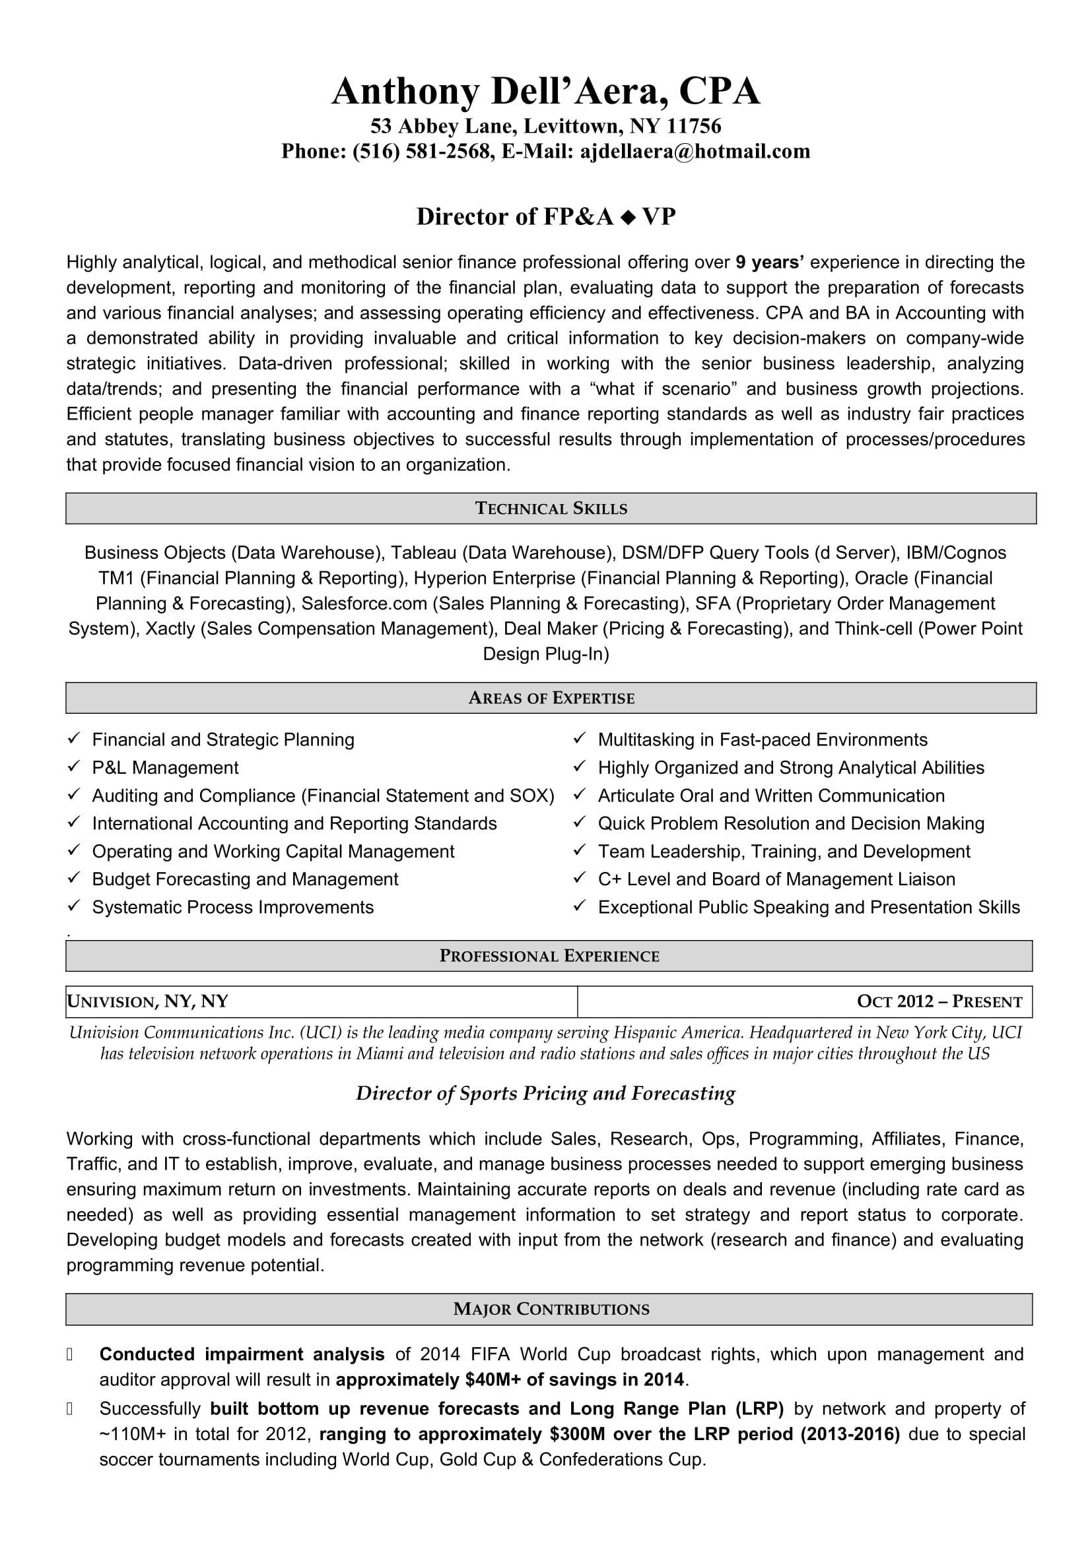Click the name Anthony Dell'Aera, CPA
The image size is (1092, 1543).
[545, 92]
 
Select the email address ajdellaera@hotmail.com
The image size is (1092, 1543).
[695, 151]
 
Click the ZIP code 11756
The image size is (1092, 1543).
[694, 126]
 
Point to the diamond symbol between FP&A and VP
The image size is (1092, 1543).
[627, 217]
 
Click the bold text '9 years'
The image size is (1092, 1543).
[770, 262]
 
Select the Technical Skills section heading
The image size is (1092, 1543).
[551, 509]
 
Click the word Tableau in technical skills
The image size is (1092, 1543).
[424, 552]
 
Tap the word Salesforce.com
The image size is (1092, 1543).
[364, 603]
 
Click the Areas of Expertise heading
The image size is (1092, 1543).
[551, 698]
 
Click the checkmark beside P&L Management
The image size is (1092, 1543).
[73, 767]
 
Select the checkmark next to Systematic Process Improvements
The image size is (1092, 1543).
[73, 906]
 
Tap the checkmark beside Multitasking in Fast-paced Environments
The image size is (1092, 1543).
[579, 739]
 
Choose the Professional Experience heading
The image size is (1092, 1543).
[549, 957]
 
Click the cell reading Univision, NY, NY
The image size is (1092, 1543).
[148, 1002]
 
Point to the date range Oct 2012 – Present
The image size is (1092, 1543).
[939, 1002]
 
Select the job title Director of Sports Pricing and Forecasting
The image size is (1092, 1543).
[545, 1093]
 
